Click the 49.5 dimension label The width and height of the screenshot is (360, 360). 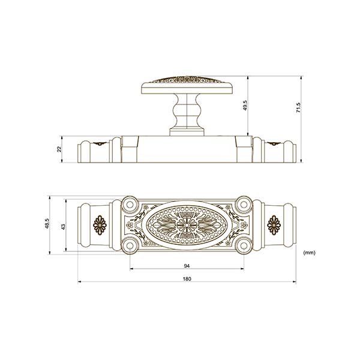pyautogui.click(x=245, y=106)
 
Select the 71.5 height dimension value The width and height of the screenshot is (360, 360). pyautogui.click(x=298, y=107)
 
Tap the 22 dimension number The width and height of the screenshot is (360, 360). pyautogui.click(x=59, y=149)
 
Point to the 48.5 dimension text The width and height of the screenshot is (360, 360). pyautogui.click(x=47, y=223)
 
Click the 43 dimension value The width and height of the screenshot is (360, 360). pyautogui.click(x=64, y=226)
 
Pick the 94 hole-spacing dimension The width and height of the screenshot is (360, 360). pyautogui.click(x=187, y=266)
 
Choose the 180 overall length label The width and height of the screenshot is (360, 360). pyautogui.click(x=187, y=279)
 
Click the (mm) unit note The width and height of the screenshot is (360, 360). pyautogui.click(x=309, y=253)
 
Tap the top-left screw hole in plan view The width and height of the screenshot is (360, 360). pyautogui.click(x=130, y=205)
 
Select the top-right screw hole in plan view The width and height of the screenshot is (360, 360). pyautogui.click(x=244, y=205)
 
